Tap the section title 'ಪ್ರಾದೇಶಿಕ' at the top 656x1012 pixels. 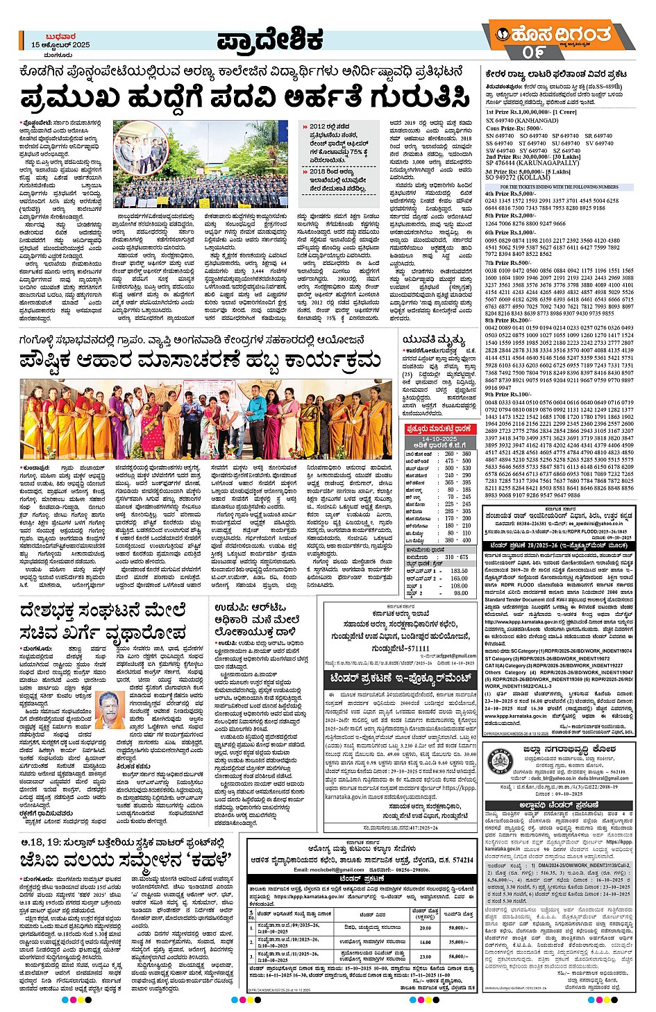(270, 41)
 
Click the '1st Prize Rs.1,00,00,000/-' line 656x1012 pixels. (530, 112)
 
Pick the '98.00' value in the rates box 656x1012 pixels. (460, 594)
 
